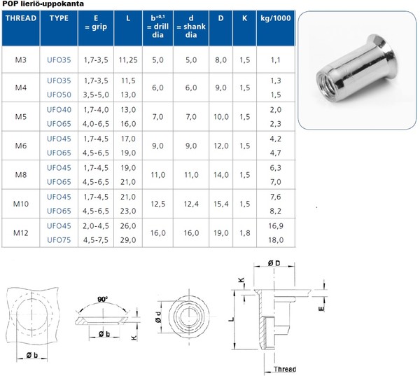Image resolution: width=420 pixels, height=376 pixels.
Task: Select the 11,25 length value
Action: tap(128, 60)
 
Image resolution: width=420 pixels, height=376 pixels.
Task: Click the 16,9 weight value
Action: tap(275, 226)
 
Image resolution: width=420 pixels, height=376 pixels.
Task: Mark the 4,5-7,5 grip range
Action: tap(93, 240)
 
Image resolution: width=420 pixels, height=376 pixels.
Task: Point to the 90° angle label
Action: tap(104, 299)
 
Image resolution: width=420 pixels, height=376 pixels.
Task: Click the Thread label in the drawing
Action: tap(284, 370)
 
